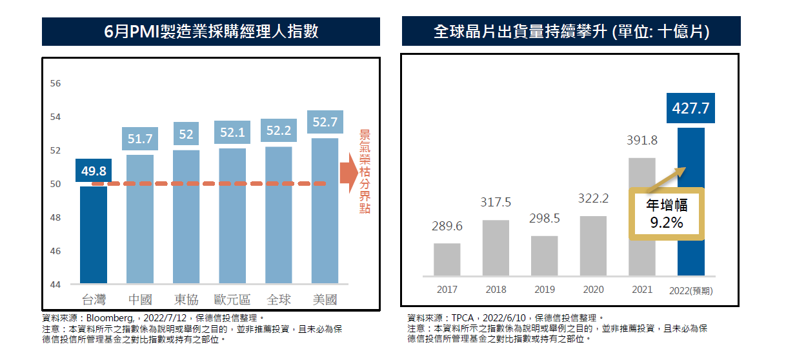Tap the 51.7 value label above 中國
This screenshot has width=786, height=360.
pos(140,139)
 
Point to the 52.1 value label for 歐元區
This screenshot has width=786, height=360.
pos(232,133)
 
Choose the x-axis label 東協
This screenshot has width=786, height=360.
pos(186,300)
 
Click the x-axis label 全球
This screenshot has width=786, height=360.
pos(278,300)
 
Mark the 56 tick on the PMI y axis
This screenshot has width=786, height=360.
pos(55,84)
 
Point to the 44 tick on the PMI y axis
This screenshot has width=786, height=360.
pos(55,285)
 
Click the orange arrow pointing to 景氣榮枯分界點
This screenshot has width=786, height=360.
pos(348,172)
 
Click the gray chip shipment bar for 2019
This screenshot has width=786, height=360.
pos(544,255)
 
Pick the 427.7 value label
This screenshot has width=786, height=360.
pos(690,108)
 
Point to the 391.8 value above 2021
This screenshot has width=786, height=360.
pos(641,141)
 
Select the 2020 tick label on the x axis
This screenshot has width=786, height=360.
pos(593,290)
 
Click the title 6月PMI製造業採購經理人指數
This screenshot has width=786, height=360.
pos(211,32)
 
